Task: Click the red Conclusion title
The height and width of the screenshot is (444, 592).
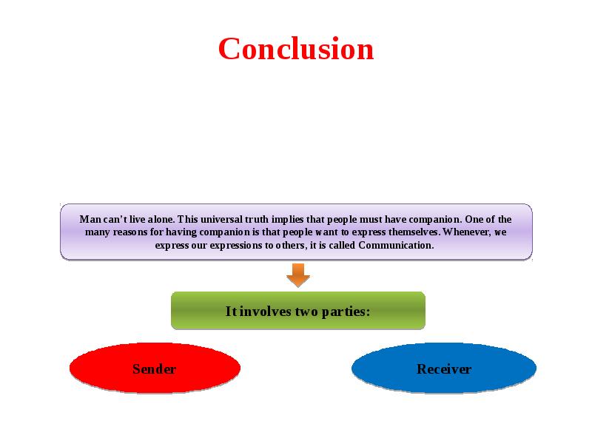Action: coord(296,49)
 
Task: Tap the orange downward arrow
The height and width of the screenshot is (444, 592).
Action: coord(298,275)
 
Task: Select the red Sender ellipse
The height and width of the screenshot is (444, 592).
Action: coord(155,368)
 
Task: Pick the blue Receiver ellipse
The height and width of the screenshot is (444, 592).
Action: coord(443,368)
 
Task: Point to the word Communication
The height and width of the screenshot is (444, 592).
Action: coord(396,246)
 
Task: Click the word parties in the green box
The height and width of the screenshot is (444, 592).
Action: coord(346,312)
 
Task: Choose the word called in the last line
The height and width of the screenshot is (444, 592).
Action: coord(342,246)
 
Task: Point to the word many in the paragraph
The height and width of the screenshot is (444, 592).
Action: coord(98,233)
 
